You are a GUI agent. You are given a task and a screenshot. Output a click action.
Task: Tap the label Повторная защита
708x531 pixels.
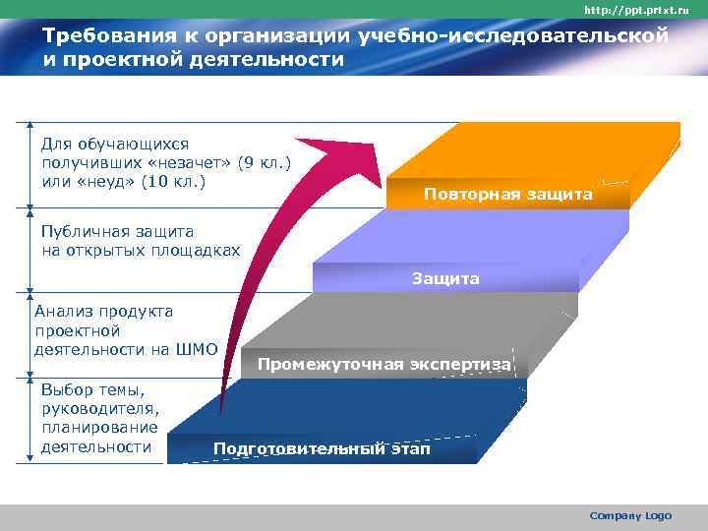507,195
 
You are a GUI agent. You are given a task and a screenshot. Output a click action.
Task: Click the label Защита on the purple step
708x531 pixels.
444,279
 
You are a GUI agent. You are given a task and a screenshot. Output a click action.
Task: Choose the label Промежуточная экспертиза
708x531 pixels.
383,365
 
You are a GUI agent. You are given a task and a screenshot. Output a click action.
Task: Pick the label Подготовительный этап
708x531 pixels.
322,449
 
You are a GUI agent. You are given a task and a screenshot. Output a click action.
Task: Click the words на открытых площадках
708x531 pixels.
141,251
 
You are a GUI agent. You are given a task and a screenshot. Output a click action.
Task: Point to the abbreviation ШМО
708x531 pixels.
196,349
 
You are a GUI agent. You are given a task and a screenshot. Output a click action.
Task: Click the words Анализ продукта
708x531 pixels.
103,311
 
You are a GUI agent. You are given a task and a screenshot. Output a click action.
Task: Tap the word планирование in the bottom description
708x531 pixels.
99,428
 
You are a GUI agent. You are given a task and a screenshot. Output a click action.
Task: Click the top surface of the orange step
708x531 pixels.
551,147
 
